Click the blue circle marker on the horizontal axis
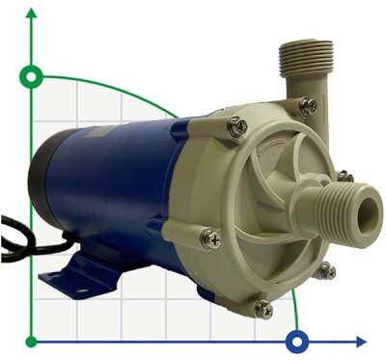coord(298,341)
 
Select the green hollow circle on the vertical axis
coord(33,76)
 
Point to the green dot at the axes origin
coord(33,341)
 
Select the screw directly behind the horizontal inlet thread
coord(341,177)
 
